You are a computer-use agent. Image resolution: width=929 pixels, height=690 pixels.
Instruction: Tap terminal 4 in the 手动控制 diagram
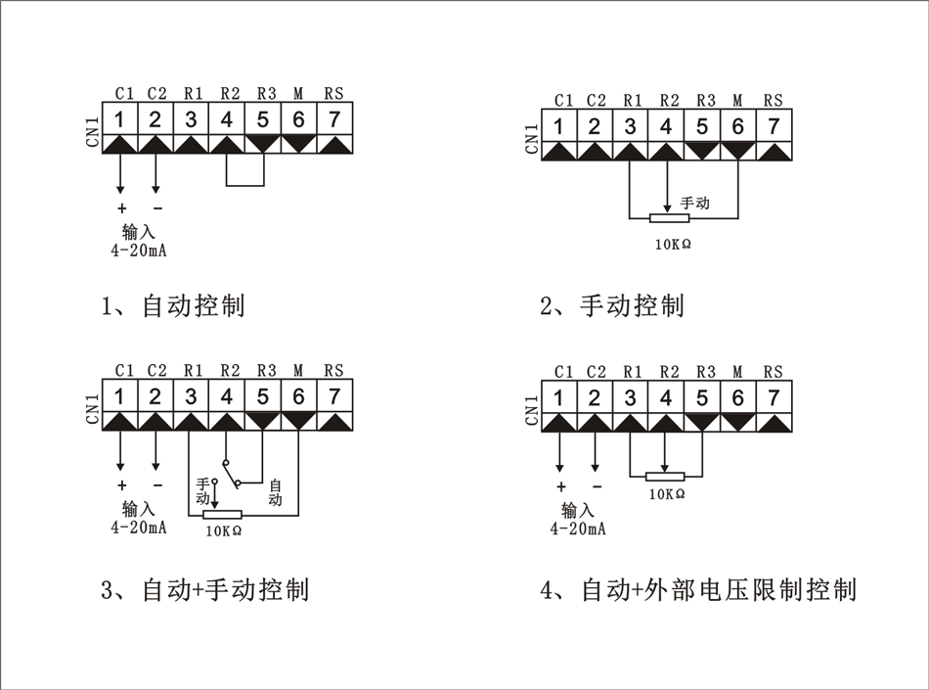click(666, 126)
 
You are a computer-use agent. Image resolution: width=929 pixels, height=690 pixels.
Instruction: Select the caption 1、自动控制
click(173, 305)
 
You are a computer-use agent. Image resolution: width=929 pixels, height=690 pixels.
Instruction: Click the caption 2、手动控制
click(612, 305)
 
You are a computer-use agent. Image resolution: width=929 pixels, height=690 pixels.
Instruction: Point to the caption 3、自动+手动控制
click(204, 590)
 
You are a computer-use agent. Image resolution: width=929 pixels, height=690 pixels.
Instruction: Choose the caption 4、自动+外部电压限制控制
click(698, 590)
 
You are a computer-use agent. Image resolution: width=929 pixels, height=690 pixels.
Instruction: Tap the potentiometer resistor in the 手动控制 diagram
click(667, 217)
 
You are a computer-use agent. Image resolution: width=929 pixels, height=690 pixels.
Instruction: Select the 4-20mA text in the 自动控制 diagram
click(139, 251)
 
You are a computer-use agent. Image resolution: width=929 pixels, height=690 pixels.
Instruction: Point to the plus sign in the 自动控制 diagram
click(121, 208)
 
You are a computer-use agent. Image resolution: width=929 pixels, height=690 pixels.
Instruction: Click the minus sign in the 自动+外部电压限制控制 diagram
click(597, 486)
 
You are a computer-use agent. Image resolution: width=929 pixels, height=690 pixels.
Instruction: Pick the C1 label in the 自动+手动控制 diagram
click(124, 371)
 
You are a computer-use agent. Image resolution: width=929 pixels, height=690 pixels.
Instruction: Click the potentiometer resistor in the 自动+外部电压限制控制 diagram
click(667, 477)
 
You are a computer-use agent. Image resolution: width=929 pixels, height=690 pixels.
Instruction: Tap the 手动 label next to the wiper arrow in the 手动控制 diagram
click(694, 204)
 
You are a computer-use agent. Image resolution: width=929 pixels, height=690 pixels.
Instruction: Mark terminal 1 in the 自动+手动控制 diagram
click(119, 396)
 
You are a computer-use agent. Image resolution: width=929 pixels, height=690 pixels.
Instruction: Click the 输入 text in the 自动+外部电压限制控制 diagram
click(577, 510)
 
